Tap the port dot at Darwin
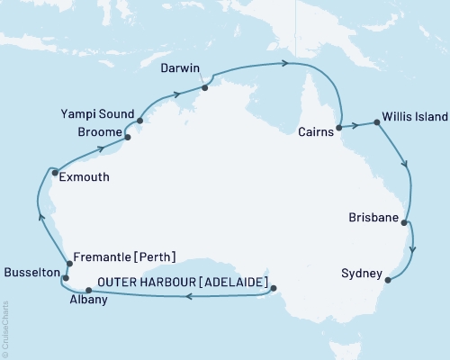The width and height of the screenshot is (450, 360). [x=205, y=87]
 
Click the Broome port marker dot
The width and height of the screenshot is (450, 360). [x=128, y=138]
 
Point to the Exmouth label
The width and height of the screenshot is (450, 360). [x=84, y=177]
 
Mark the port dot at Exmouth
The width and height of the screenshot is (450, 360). [x=55, y=173]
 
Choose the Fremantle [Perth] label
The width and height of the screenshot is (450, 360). [x=123, y=256]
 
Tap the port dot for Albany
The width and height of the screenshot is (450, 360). [x=87, y=290]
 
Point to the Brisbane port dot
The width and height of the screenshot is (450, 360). [x=406, y=222]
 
